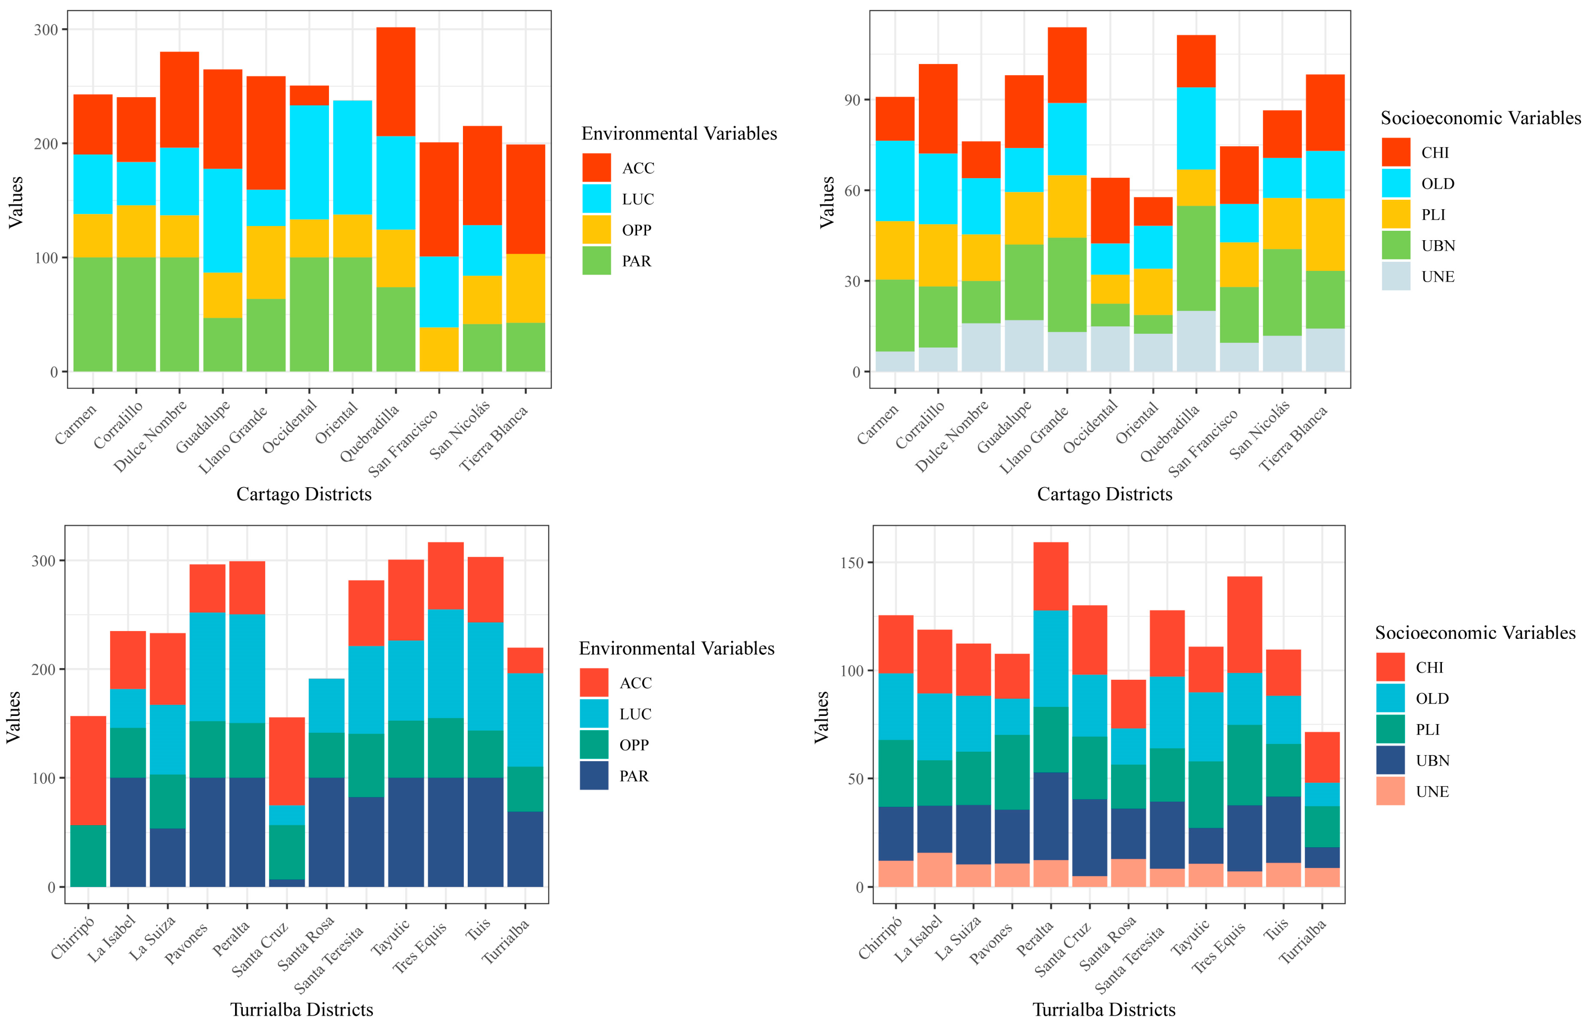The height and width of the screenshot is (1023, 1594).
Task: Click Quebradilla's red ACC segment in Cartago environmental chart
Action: click(396, 82)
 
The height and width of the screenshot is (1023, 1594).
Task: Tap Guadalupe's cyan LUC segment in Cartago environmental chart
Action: click(222, 221)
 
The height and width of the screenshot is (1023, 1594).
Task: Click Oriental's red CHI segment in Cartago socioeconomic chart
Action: click(1153, 211)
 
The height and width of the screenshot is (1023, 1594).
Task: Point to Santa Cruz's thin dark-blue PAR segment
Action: click(287, 883)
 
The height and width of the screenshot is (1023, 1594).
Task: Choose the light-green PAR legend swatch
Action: click(596, 260)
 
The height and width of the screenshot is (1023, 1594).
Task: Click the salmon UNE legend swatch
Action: click(1390, 791)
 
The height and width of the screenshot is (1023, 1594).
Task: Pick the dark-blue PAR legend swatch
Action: click(593, 776)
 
